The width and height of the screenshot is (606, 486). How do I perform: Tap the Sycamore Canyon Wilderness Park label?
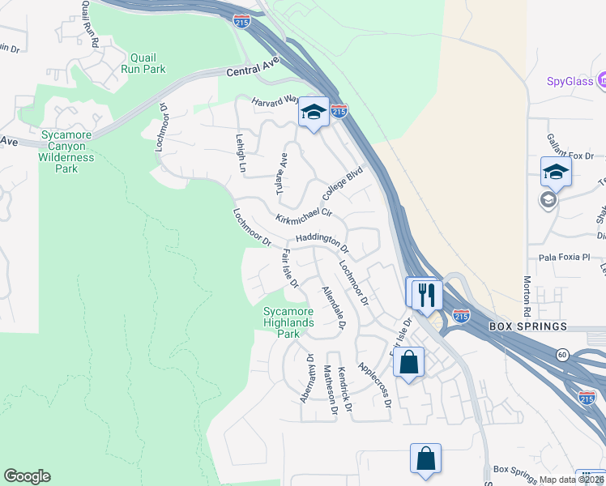(66, 151)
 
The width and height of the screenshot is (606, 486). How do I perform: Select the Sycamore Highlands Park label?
(288, 322)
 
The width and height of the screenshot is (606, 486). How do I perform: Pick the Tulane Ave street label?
(282, 172)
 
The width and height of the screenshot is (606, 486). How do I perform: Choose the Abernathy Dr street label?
(306, 377)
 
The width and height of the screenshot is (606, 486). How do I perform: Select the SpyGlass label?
(567, 82)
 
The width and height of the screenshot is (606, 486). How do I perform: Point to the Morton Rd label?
(527, 295)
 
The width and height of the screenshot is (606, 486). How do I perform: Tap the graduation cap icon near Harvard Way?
(312, 113)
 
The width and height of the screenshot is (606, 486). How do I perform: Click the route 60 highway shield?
(561, 354)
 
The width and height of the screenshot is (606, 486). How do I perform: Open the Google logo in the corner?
(27, 476)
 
